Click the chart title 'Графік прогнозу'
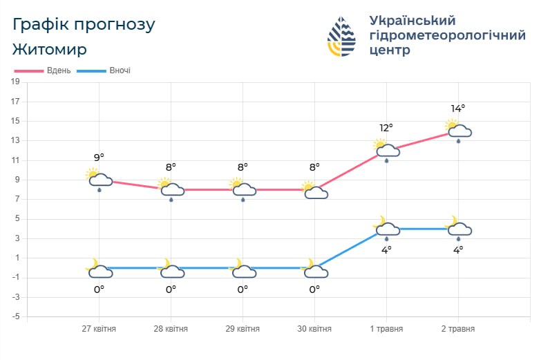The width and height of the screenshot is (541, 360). pos(84,25)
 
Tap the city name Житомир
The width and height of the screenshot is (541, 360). pos(50,50)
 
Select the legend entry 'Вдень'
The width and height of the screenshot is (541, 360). pos(43,70)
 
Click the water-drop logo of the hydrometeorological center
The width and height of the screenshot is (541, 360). pos(341,36)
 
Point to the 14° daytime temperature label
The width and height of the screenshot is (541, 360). pos(457,108)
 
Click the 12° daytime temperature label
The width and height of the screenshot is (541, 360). pos(386,128)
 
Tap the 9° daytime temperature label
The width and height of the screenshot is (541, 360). pos(99,158)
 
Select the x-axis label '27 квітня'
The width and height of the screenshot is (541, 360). pos(99,329)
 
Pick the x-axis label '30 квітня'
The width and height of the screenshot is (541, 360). pos(314,329)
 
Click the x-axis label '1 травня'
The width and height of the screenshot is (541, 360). pos(386,329)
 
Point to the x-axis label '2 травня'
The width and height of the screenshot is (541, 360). pos(457,329)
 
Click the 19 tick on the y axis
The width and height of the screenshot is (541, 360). pos(15,82)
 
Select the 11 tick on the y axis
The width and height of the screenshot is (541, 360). pos(15,160)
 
